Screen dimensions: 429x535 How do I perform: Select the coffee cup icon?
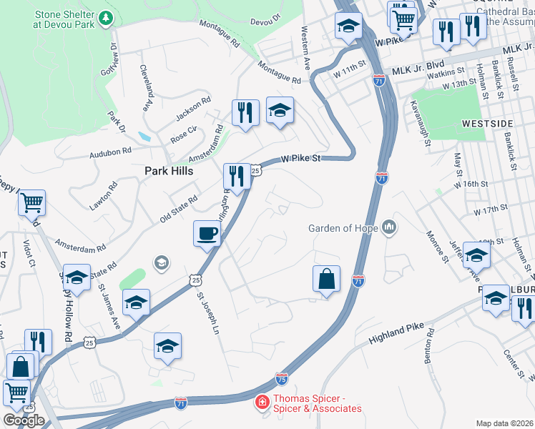(x=207, y=233)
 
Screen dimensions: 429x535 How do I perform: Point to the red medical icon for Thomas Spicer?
(x=262, y=403)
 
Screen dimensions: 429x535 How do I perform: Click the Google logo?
(x=24, y=420)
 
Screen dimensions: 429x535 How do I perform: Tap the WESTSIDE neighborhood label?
(x=486, y=123)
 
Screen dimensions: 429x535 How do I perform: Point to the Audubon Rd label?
(x=111, y=152)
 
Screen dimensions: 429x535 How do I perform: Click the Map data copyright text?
(x=504, y=423)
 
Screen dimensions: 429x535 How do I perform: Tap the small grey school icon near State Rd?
(x=162, y=263)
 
